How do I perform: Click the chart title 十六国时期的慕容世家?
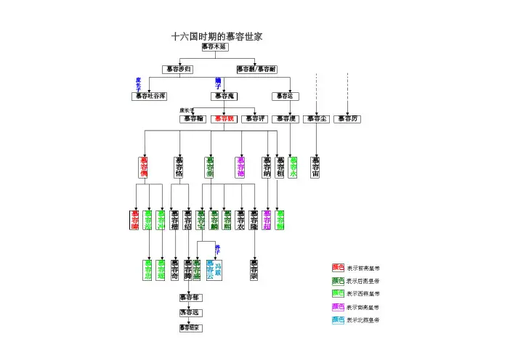click(216, 36)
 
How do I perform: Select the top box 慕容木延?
click(215, 46)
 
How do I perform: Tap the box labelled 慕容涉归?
click(177, 69)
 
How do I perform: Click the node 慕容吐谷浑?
click(150, 96)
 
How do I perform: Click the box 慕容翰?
click(193, 119)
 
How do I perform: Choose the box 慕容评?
click(254, 119)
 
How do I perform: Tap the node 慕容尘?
click(317, 119)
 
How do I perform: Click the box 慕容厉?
click(347, 119)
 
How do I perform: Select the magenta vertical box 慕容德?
click(241, 167)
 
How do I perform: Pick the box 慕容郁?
click(190, 298)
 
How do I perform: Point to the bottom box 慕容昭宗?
click(190, 327)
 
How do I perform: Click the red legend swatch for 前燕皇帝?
click(338, 268)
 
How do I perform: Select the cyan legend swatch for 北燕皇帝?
click(338, 319)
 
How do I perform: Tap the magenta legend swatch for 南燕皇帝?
click(338, 306)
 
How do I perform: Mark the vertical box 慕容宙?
click(315, 167)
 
